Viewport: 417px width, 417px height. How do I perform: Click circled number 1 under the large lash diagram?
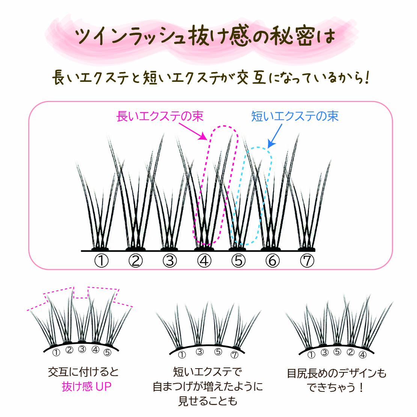tap(101, 260)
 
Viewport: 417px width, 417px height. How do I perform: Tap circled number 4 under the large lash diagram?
tap(204, 260)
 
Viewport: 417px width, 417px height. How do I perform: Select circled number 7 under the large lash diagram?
tap(307, 260)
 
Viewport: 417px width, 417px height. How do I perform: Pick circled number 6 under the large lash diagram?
tap(272, 260)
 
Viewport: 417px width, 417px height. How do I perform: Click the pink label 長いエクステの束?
tap(160, 116)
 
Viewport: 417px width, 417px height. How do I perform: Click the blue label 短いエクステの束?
tap(295, 116)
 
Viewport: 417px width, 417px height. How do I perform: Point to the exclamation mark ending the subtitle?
tap(366, 77)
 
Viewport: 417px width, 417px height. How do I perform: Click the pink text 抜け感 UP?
tap(87, 387)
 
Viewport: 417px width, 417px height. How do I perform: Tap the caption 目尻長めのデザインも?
tap(336, 373)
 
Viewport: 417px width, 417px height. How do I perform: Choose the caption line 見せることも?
tap(208, 401)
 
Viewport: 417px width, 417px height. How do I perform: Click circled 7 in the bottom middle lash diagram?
tap(235, 354)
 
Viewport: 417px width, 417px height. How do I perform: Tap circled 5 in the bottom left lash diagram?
tap(107, 352)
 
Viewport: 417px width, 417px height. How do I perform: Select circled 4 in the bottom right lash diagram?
tap(363, 354)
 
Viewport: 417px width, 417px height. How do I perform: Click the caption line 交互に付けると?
tap(83, 372)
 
